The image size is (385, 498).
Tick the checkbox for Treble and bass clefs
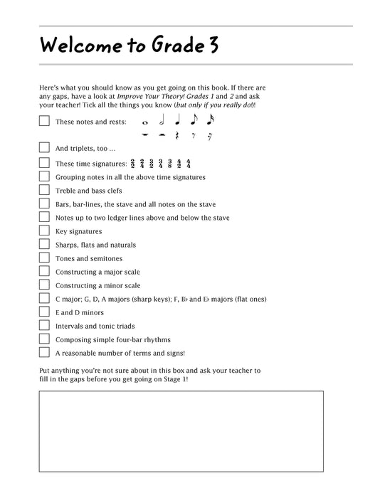[x=44, y=190]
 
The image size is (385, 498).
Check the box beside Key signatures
[x=44, y=231]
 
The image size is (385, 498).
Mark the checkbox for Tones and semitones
[x=44, y=258]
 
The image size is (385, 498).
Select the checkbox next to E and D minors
[x=44, y=312]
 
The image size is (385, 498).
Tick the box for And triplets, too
[x=44, y=148]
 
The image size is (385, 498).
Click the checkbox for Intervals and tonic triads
[x=44, y=326]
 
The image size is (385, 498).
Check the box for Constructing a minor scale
[x=44, y=285]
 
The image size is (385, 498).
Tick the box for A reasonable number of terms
[x=44, y=353]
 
